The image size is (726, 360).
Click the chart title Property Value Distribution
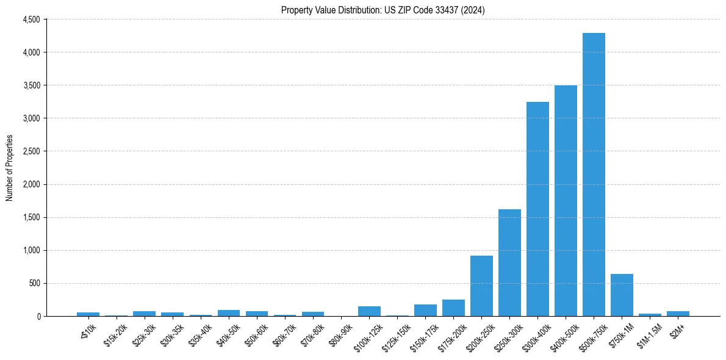(x=383, y=10)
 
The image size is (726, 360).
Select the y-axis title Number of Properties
(x=10, y=168)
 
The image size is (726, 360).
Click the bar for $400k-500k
(x=566, y=201)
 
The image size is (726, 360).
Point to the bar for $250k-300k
(x=509, y=262)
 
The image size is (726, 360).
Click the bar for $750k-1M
(x=622, y=295)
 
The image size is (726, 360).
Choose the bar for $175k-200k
(x=453, y=308)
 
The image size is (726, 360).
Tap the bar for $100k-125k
(x=369, y=311)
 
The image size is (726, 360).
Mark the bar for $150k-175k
(x=425, y=310)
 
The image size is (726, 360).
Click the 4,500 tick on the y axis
(x=31, y=20)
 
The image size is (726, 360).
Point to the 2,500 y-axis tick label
(x=31, y=151)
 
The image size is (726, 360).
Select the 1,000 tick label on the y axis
(x=31, y=250)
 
